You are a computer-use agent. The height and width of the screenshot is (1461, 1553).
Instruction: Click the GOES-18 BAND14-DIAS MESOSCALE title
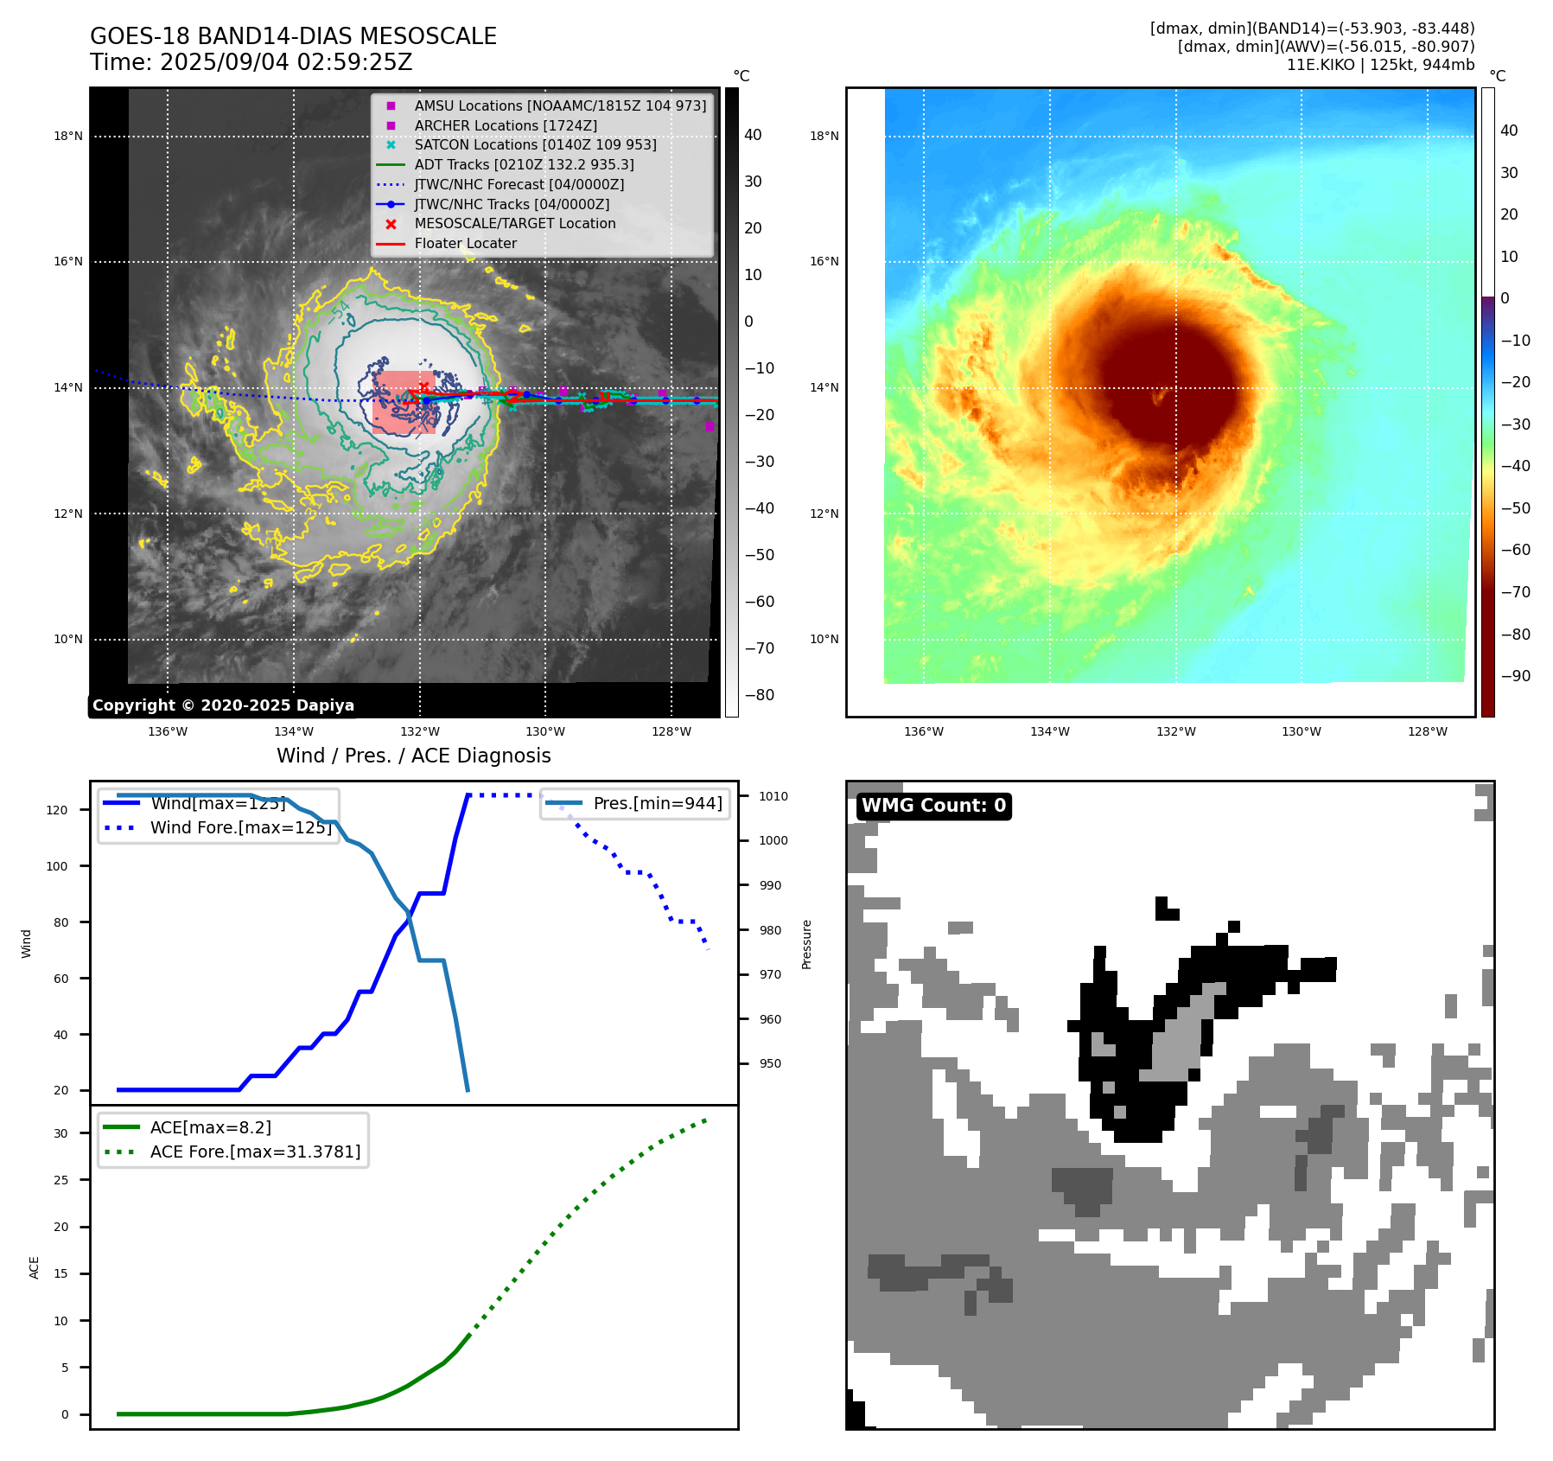293,36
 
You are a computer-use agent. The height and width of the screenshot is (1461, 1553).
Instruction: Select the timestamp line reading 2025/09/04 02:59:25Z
251,62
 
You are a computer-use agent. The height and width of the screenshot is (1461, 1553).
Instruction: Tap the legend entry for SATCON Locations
535,144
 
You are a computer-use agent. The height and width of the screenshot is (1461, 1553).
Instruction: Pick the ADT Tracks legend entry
524,164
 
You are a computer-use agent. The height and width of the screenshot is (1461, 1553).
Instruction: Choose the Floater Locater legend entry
465,244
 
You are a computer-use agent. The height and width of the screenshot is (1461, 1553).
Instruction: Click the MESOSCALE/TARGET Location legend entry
514,224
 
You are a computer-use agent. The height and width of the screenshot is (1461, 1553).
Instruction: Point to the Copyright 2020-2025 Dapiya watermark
223,705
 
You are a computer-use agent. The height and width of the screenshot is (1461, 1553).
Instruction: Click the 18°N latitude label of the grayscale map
68,136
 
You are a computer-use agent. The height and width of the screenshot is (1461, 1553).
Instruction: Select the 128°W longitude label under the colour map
1427,731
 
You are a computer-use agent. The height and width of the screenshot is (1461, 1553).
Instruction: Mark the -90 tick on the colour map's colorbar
1515,676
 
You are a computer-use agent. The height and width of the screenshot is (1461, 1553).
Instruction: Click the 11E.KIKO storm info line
1380,65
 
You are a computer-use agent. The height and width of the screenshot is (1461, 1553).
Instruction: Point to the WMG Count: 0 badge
933,806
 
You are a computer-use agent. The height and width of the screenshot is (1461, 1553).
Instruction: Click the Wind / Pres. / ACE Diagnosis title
413,756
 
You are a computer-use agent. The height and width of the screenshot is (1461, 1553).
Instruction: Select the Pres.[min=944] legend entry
657,803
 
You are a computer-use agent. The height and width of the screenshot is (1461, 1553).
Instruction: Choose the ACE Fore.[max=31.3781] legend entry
255,1152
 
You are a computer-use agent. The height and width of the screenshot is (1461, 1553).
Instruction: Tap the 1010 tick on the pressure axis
773,796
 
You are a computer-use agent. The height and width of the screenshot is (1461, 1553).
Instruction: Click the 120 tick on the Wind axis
57,810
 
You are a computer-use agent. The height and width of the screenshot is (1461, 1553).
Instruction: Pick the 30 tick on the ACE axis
61,1133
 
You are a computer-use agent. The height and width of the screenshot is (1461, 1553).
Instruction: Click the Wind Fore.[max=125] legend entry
240,827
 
